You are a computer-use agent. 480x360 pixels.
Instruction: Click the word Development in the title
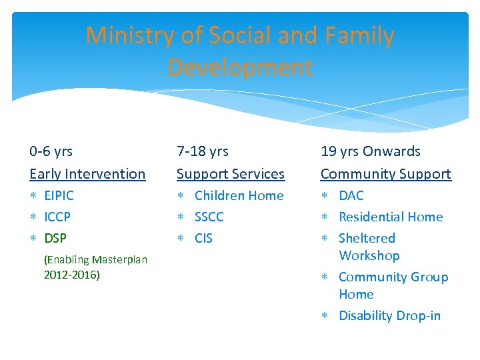pos(239,67)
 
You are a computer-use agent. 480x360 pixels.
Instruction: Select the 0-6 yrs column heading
pos(51,151)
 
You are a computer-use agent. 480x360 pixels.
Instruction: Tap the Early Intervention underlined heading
pos(87,174)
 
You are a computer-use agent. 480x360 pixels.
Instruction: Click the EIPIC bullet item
pos(59,195)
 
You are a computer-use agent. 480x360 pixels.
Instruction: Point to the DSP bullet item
pos(55,238)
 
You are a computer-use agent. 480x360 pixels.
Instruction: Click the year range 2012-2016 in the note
pos(71,275)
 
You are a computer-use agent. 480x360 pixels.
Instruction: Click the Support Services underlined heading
pos(230,174)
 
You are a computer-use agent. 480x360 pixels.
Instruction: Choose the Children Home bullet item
pos(239,195)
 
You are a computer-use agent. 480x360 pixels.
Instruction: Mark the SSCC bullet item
pos(209,217)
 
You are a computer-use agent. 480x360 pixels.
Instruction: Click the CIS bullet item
pos(203,238)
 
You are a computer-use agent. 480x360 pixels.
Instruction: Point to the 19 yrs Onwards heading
pos(370,151)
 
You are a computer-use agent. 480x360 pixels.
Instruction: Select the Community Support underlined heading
pos(385,174)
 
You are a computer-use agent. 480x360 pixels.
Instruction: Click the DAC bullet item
pos(351,195)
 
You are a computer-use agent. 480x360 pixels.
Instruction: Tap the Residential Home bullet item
pos(391,217)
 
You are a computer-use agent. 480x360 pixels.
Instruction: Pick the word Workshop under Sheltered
pos(369,255)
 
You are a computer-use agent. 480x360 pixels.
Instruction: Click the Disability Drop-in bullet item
pos(389,315)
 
